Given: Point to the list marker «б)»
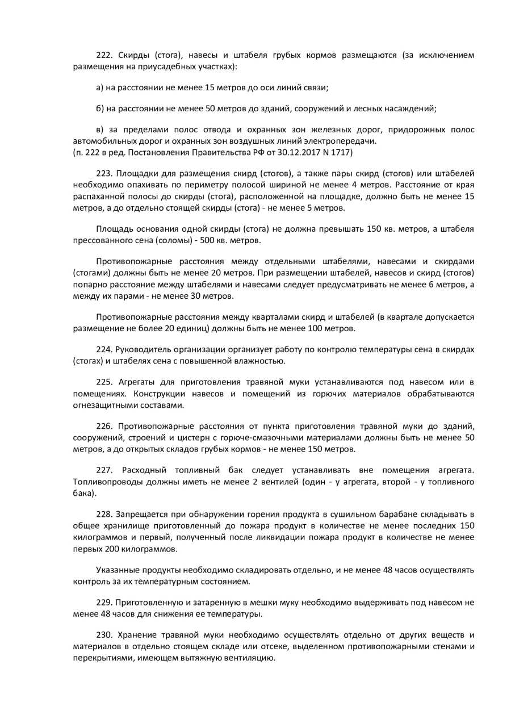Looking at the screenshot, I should (100, 108).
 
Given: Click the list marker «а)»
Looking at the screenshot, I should (100, 87).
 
